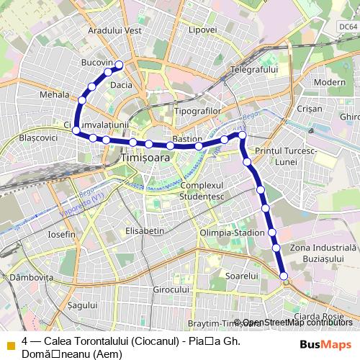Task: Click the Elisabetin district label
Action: (x=145, y=231)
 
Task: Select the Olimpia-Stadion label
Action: (x=233, y=233)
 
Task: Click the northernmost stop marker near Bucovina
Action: (x=120, y=66)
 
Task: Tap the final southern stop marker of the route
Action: (x=284, y=276)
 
